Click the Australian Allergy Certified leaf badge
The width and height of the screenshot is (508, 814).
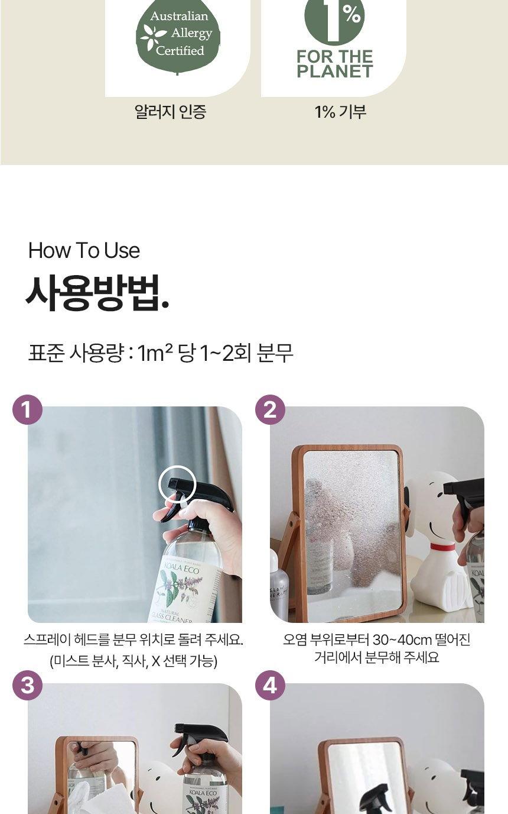pyautogui.click(x=178, y=35)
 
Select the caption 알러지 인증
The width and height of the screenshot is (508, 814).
pyautogui.click(x=170, y=111)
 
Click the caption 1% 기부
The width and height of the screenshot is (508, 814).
pyautogui.click(x=340, y=111)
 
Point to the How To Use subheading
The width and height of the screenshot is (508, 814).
pyautogui.click(x=84, y=250)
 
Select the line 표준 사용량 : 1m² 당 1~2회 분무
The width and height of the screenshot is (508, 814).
pyautogui.click(x=161, y=353)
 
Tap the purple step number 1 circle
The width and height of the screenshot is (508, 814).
pyautogui.click(x=27, y=409)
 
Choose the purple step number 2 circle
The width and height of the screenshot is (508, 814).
pyautogui.click(x=270, y=409)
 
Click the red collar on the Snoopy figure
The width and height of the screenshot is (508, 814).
pyautogui.click(x=442, y=546)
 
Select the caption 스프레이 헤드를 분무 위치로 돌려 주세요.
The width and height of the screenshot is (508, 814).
pyautogui.click(x=133, y=639)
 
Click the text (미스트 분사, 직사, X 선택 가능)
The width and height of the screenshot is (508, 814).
pyautogui.click(x=133, y=661)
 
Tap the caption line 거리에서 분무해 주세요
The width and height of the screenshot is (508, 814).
pyautogui.click(x=376, y=657)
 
